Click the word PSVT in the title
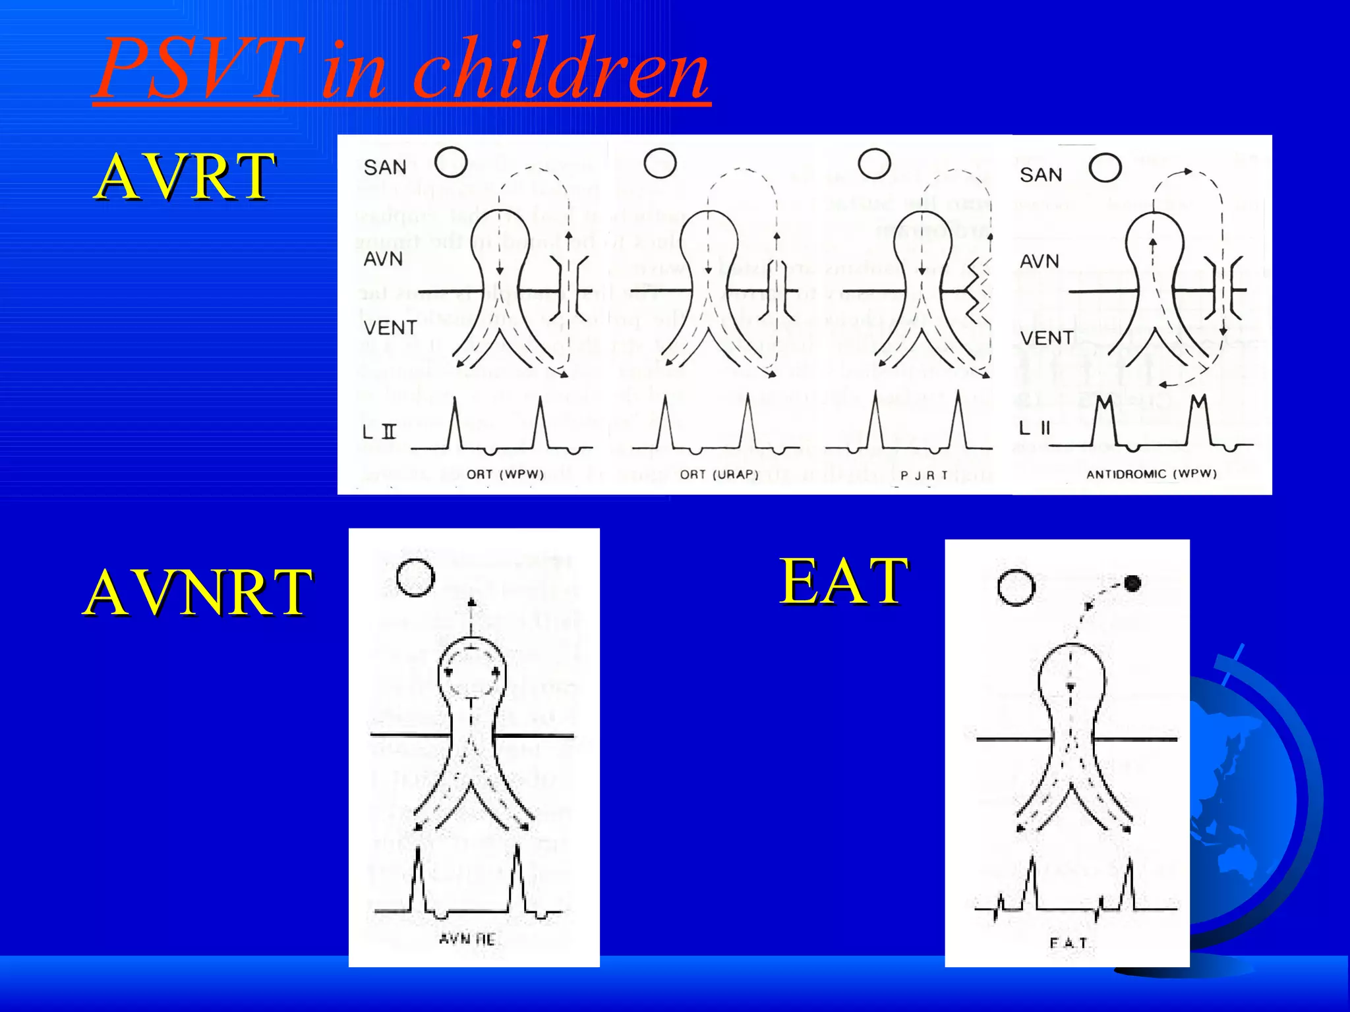(198, 69)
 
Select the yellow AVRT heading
(185, 177)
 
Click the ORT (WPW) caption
(505, 474)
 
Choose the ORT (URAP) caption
(719, 474)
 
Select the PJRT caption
(924, 475)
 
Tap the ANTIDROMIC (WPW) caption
(1151, 474)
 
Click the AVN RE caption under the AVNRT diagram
(467, 939)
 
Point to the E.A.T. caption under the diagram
(1068, 943)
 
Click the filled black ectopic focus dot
(1132, 583)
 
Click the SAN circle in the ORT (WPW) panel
(452, 161)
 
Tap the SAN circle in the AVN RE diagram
(416, 578)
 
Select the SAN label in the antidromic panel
(1041, 175)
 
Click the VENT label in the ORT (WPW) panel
(390, 328)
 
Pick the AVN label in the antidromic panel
(1039, 262)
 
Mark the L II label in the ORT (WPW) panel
(380, 432)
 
